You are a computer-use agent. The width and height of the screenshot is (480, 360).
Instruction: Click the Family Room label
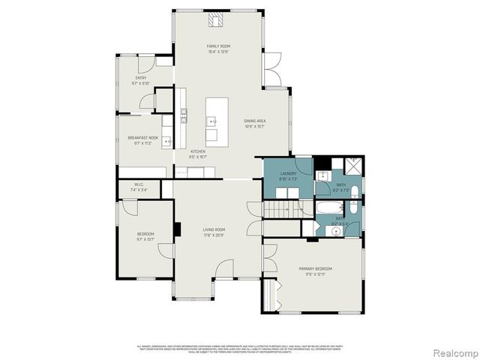[218, 46]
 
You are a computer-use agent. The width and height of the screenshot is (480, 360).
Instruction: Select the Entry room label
[141, 78]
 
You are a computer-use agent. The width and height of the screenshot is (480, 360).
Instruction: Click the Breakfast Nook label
[142, 138]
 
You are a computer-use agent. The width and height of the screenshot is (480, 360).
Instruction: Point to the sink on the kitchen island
[213, 121]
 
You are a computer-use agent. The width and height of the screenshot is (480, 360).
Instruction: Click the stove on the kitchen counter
[183, 115]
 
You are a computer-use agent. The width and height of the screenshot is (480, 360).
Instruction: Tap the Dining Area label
[255, 121]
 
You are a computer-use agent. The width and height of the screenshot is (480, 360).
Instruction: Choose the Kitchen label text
[197, 151]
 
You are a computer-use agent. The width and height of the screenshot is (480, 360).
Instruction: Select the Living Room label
[214, 229]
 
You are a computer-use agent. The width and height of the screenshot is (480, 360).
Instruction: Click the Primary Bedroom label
[315, 268]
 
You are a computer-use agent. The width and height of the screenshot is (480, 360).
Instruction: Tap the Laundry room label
[289, 173]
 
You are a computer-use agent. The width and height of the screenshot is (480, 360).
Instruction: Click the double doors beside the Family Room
[271, 68]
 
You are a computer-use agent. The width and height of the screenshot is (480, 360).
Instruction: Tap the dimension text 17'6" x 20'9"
[214, 236]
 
